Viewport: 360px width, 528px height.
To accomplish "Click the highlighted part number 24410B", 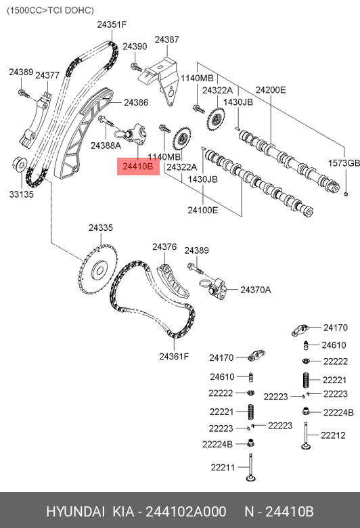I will click(x=138, y=166).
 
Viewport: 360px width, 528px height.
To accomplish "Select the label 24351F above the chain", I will click(x=112, y=24).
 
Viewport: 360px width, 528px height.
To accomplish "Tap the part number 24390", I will click(x=135, y=46).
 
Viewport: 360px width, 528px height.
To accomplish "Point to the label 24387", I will click(x=166, y=40).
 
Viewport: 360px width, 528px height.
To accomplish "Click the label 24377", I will click(x=47, y=75).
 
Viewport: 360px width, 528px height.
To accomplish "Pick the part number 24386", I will click(x=135, y=103).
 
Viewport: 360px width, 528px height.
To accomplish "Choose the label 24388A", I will click(x=106, y=146).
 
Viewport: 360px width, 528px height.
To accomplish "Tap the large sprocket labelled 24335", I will click(x=96, y=270).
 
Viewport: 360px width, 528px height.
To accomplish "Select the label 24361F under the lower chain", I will click(x=174, y=356).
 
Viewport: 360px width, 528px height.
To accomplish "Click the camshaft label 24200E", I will click(x=271, y=90).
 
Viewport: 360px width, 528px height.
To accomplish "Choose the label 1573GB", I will click(x=344, y=163).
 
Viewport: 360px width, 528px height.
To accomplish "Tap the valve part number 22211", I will click(x=222, y=467).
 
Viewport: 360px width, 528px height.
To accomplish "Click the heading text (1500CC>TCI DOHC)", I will click(x=51, y=10).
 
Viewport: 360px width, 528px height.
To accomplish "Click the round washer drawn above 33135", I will click(x=19, y=163).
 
